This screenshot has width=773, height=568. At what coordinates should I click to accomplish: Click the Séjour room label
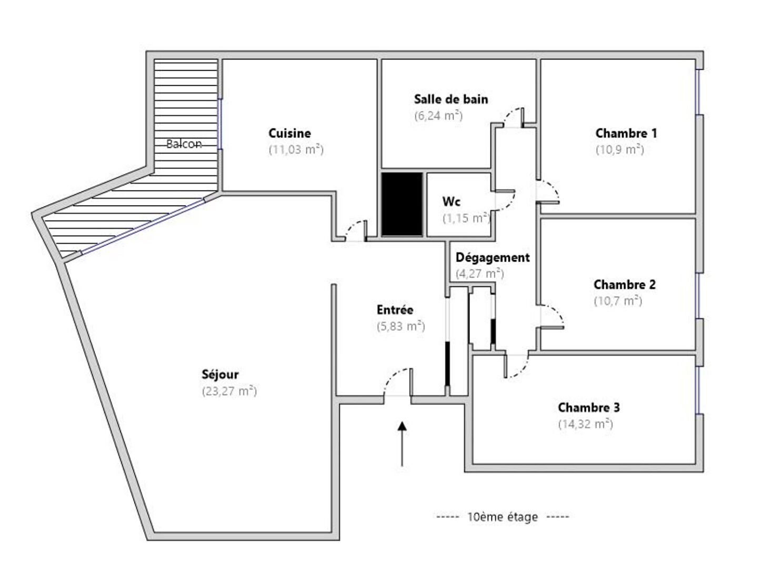pyautogui.click(x=220, y=375)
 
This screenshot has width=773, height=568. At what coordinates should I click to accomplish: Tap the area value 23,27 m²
pyautogui.click(x=229, y=391)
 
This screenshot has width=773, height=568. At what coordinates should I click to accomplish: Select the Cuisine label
pyautogui.click(x=289, y=133)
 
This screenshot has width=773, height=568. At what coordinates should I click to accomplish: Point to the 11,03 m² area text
pyautogui.click(x=296, y=150)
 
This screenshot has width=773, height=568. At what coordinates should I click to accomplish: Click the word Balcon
pyautogui.click(x=184, y=144)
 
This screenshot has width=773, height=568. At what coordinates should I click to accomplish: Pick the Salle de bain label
pyautogui.click(x=450, y=99)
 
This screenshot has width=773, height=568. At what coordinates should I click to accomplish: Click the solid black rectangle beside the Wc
pyautogui.click(x=402, y=204)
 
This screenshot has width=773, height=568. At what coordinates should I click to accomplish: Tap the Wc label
pyautogui.click(x=451, y=201)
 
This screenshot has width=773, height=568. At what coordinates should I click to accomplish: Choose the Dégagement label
pyautogui.click(x=493, y=257)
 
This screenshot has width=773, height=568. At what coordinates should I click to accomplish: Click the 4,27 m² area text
pyautogui.click(x=479, y=274)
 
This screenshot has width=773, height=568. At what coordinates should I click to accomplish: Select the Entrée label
pyautogui.click(x=395, y=310)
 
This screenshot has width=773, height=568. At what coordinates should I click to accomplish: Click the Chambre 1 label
pyautogui.click(x=626, y=133)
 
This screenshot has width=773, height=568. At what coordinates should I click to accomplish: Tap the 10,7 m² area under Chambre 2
pyautogui.click(x=618, y=301)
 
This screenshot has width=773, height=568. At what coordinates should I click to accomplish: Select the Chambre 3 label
pyautogui.click(x=588, y=407)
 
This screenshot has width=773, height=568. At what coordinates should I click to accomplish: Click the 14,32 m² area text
pyautogui.click(x=585, y=424)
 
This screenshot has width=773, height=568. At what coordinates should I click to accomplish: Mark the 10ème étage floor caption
pyautogui.click(x=503, y=517)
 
